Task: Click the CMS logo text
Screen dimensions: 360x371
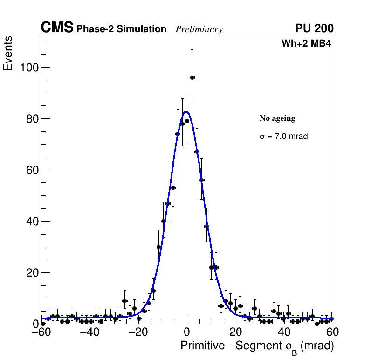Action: pyautogui.click(x=57, y=28)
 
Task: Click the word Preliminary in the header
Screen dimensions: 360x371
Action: pyautogui.click(x=199, y=29)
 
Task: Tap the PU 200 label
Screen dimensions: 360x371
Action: pyautogui.click(x=314, y=28)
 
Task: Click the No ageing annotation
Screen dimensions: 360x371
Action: pyautogui.click(x=277, y=118)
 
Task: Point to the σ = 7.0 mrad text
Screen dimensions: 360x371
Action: pyautogui.click(x=283, y=137)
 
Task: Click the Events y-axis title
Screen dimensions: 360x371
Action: pyautogui.click(x=8, y=54)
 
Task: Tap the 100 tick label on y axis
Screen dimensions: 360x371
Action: pyautogui.click(x=29, y=68)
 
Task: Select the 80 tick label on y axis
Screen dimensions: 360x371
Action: pyautogui.click(x=32, y=119)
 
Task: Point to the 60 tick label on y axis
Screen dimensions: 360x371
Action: pyautogui.click(x=32, y=170)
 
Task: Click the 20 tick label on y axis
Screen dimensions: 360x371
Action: pyautogui.click(x=32, y=272)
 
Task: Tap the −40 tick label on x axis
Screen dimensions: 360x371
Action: pyautogui.click(x=89, y=332)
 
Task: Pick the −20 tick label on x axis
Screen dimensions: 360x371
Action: pyautogui.click(x=138, y=332)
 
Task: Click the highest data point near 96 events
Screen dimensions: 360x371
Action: pyautogui.click(x=192, y=77)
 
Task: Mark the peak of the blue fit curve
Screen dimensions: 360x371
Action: pyautogui.click(x=186, y=112)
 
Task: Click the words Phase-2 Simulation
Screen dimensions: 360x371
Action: pyautogui.click(x=121, y=29)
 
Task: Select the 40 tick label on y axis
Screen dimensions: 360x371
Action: pyautogui.click(x=32, y=222)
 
